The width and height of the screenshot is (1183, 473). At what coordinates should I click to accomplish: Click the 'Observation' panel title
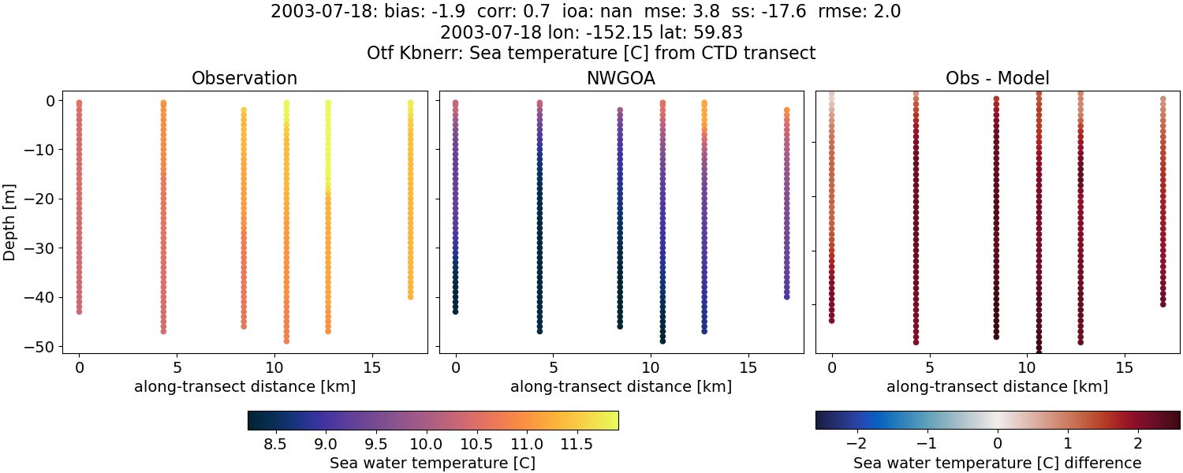pyautogui.click(x=244, y=79)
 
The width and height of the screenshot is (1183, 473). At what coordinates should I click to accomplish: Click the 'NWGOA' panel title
pyautogui.click(x=621, y=79)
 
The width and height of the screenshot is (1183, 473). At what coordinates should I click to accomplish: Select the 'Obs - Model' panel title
pyautogui.click(x=997, y=79)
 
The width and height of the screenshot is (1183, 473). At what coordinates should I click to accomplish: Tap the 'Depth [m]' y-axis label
pyautogui.click(x=10, y=223)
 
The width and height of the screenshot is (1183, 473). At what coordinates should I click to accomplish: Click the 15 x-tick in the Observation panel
pyautogui.click(x=371, y=367)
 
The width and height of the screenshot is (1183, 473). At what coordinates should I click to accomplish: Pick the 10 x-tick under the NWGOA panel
pyautogui.click(x=651, y=367)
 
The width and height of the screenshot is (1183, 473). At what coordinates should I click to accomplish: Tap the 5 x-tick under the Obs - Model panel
pyautogui.click(x=930, y=367)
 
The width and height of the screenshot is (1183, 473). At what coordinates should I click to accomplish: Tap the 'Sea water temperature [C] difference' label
pyautogui.click(x=998, y=463)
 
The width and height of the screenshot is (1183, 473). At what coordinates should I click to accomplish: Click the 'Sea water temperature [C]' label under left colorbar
pyautogui.click(x=432, y=463)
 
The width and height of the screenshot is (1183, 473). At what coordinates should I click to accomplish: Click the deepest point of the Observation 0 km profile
pyautogui.click(x=79, y=311)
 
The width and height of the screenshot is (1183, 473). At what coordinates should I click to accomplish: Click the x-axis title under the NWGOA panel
pyautogui.click(x=621, y=387)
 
